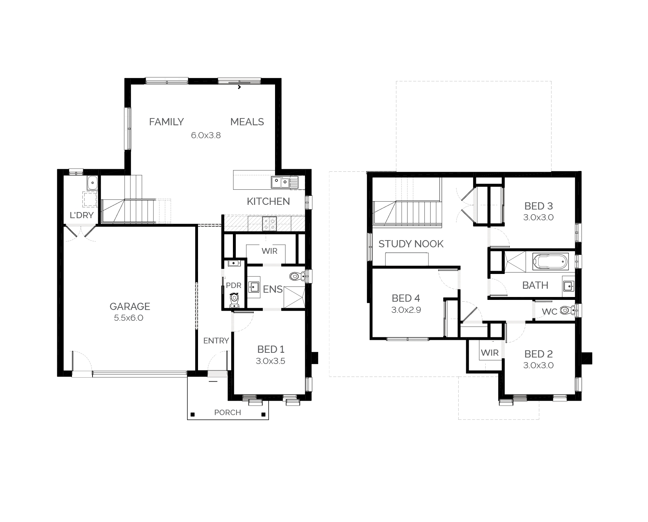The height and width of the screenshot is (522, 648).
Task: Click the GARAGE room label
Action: pos(130,306)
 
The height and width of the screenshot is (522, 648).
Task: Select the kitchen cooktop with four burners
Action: pos(269,223)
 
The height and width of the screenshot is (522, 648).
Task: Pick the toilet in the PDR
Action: pos(234,300)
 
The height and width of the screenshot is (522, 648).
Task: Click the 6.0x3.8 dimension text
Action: pos(206,135)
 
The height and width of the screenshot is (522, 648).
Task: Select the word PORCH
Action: pos(228,413)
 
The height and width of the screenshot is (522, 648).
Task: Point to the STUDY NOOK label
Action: pos(411,244)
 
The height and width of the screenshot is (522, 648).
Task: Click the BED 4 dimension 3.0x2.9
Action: pos(406,310)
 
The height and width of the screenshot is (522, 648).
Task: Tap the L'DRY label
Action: pos(81,215)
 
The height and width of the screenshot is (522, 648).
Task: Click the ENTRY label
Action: pos(216,341)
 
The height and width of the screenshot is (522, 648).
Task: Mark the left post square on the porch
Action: pos(193,414)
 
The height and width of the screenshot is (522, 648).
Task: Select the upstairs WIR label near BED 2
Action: pos(490,353)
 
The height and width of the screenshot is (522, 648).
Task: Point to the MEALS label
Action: pos(247,122)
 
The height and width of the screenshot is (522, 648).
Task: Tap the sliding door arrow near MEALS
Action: pos(239,87)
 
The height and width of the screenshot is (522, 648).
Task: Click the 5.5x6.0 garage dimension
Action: pos(129,318)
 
